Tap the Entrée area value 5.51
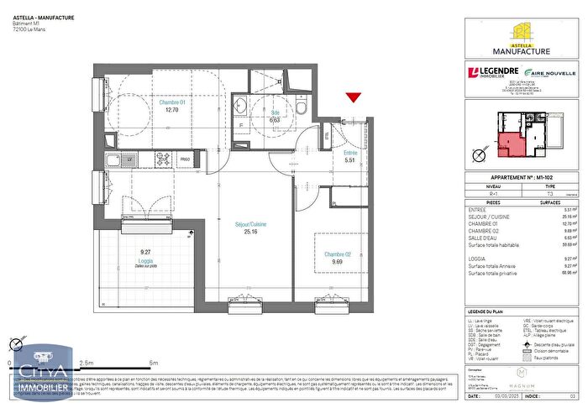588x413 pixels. (351, 160)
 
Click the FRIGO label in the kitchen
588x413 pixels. (185, 159)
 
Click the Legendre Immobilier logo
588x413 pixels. (496, 74)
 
